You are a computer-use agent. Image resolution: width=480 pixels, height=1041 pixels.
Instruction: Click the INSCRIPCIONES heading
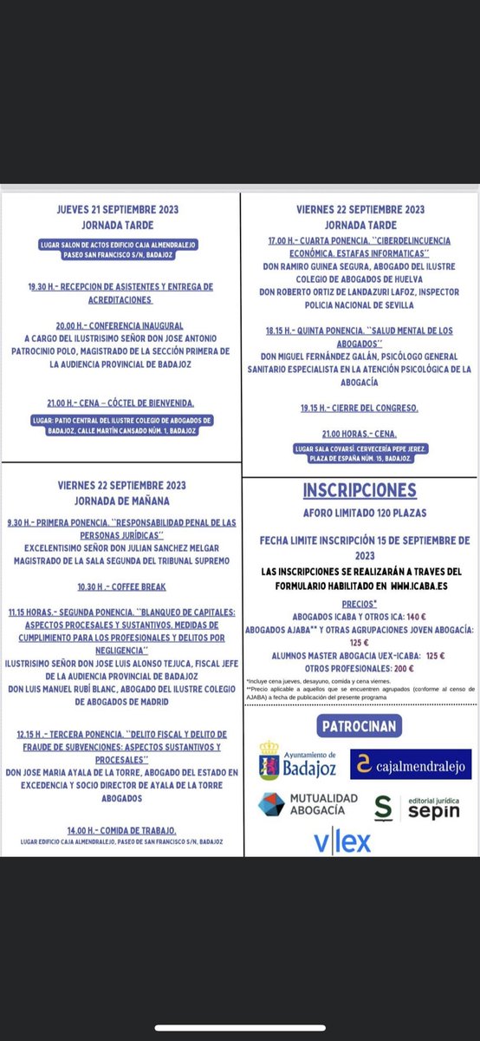coord(360,490)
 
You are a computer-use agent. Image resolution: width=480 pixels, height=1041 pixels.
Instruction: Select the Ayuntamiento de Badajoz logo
coord(298,761)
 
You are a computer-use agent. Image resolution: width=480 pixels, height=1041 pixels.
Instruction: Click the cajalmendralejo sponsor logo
coord(411,764)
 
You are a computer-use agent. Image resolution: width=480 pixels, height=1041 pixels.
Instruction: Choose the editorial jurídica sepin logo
coord(417,807)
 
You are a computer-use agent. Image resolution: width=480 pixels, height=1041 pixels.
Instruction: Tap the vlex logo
coord(342,840)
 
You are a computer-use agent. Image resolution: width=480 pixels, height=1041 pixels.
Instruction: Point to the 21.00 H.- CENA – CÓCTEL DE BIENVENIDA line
coord(120,403)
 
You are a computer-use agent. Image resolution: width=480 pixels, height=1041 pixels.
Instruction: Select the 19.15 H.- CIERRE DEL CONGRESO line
coord(360,408)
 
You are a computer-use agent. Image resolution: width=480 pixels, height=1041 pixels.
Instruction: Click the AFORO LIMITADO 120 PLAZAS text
coord(360,513)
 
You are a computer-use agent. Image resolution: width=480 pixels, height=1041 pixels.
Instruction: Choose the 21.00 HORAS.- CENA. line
coord(360,433)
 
